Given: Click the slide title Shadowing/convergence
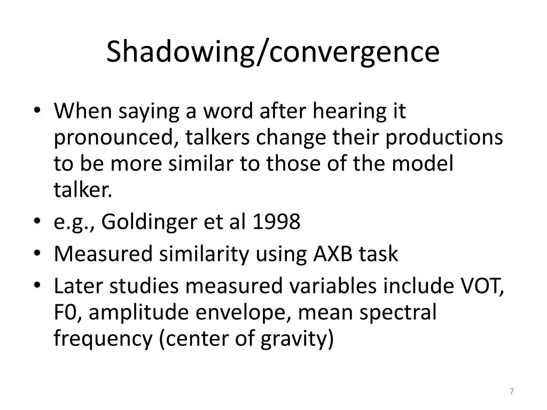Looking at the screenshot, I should [x=273, y=52].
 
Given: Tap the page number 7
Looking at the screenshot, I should [x=512, y=392].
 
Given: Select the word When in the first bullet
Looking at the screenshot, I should [x=83, y=112].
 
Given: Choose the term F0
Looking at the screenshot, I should [x=67, y=313].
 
